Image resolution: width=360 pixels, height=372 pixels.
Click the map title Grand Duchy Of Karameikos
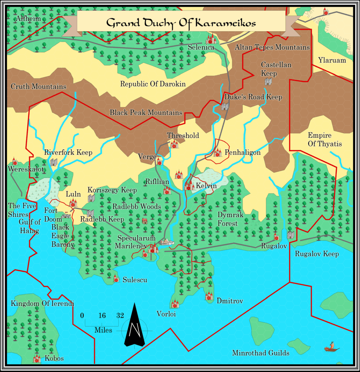[181, 23]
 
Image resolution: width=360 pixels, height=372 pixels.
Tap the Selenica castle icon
[211, 39]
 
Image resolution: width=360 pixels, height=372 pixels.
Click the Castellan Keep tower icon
[268, 81]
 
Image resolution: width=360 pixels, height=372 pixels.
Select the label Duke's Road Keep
[253, 97]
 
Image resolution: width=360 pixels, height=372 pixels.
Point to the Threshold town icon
[174, 144]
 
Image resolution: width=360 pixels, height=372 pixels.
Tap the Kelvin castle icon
[189, 186]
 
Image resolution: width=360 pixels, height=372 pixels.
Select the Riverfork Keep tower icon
[54, 162]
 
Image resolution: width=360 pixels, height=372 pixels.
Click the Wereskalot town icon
[15, 161]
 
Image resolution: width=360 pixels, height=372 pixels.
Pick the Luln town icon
[73, 202]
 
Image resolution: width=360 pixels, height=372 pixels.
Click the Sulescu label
[135, 280]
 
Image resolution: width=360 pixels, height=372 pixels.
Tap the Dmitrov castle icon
[209, 296]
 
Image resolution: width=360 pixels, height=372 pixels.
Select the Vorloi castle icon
[175, 303]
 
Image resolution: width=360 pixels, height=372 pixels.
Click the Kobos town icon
[37, 359]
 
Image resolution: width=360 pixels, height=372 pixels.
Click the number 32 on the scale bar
[120, 315]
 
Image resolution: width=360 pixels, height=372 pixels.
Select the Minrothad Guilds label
[261, 353]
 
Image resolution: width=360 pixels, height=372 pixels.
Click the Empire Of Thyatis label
[325, 139]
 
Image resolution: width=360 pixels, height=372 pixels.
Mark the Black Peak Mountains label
[146, 113]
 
